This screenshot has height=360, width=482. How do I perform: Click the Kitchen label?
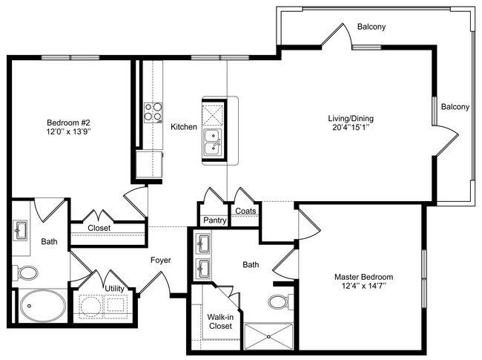click(x=184, y=127)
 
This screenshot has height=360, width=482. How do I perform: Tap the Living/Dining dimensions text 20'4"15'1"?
click(x=351, y=128)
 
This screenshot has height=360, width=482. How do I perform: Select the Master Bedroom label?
click(x=363, y=277)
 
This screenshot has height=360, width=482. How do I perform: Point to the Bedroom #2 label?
click(x=68, y=122)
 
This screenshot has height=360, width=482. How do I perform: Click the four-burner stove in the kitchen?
click(x=153, y=113)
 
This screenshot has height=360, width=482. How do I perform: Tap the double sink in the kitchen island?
click(x=213, y=143)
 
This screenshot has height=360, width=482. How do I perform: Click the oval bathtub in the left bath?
click(x=43, y=306)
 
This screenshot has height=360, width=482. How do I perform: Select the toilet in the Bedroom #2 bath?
click(x=25, y=273)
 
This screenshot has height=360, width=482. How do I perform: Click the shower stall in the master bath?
click(x=268, y=336)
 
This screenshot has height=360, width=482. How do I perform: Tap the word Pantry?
click(x=215, y=220)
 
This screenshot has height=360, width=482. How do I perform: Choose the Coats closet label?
click(x=245, y=211)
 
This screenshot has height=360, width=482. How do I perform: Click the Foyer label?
click(x=161, y=261)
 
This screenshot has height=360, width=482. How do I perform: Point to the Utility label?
click(x=114, y=289)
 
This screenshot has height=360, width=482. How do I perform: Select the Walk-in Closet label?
click(x=220, y=321)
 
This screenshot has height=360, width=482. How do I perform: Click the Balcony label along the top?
click(x=372, y=27)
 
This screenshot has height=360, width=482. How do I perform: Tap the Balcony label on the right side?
click(x=455, y=107)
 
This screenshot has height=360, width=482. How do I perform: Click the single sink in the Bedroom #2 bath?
click(x=20, y=230)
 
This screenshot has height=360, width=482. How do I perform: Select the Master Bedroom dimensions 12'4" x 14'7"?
click(x=364, y=286)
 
